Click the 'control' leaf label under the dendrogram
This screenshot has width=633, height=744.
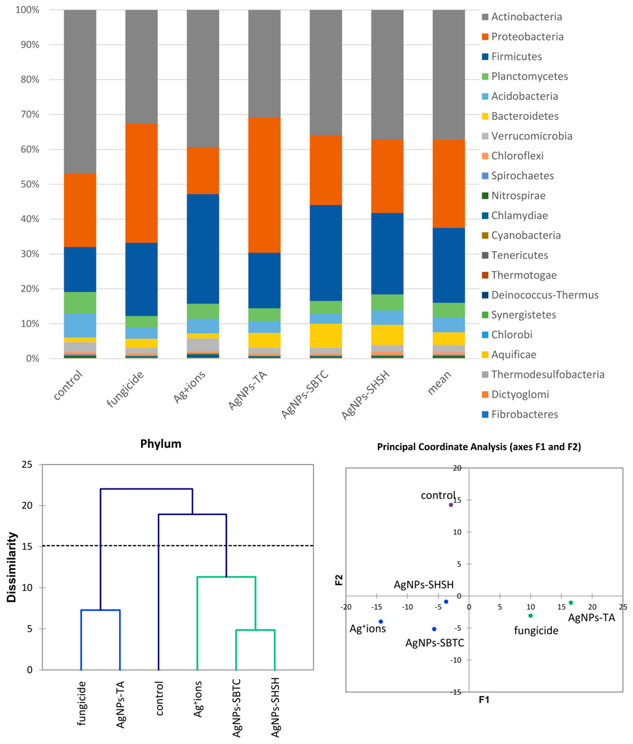[159, 698]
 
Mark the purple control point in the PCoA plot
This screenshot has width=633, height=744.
[451, 505]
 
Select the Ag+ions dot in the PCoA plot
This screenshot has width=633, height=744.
[381, 621]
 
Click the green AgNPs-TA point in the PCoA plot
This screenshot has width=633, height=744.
[571, 603]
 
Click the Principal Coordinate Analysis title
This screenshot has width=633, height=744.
[479, 447]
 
